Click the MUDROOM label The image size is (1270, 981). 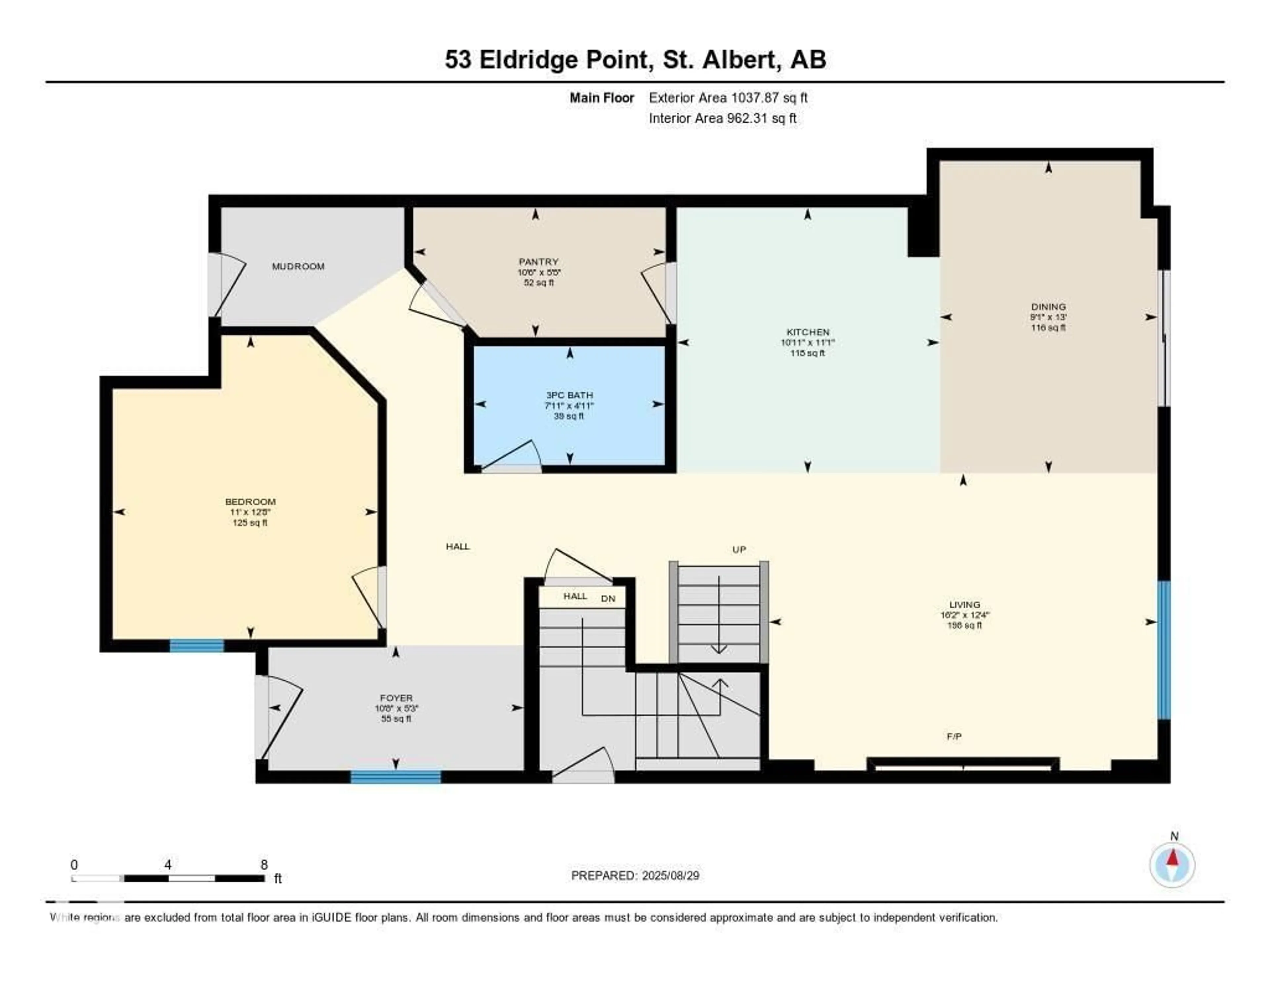pos(298,266)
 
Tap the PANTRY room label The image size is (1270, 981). pos(538,262)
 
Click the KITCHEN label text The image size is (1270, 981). pos(808,332)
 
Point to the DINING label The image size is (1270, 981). pos(1048,307)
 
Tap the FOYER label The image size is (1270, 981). pos(396,698)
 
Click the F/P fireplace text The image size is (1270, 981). pos(954,736)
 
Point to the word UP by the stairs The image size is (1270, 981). pos(739,549)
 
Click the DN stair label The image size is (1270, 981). pos(608,598)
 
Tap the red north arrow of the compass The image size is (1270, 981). pos(1173,858)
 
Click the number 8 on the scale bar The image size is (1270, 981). pos(264,865)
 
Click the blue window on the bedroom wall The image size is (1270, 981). pos(196,646)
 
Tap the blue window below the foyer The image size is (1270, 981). pos(396,777)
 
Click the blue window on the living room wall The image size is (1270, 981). pos(1164,650)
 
